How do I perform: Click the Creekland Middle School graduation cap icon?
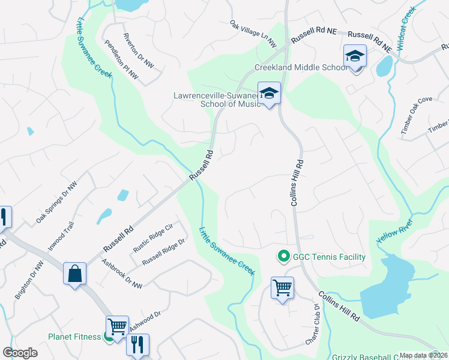point(355,56)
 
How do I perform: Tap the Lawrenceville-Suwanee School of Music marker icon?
point(270,93)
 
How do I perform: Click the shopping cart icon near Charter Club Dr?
point(282,287)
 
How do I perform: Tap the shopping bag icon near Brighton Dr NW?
point(75,274)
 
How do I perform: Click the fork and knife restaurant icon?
point(137,344)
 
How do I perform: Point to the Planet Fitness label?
point(74,337)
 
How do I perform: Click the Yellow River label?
point(395,229)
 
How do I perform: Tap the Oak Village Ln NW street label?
point(253,34)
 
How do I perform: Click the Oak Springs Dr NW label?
point(56,203)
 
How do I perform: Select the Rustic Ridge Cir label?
point(152,237)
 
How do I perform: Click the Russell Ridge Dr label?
point(163,254)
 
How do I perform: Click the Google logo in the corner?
point(20,353)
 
